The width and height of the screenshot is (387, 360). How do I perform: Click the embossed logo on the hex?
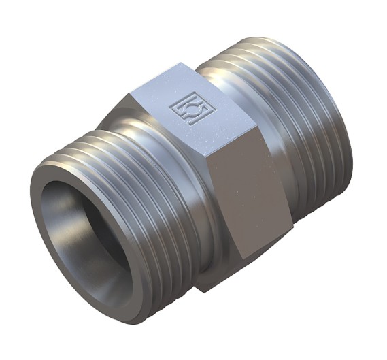[186, 106]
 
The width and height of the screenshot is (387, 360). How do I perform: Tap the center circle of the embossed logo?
[186, 107]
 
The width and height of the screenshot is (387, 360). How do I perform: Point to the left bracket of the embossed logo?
[175, 108]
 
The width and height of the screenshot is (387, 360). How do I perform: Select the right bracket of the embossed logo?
[197, 103]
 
